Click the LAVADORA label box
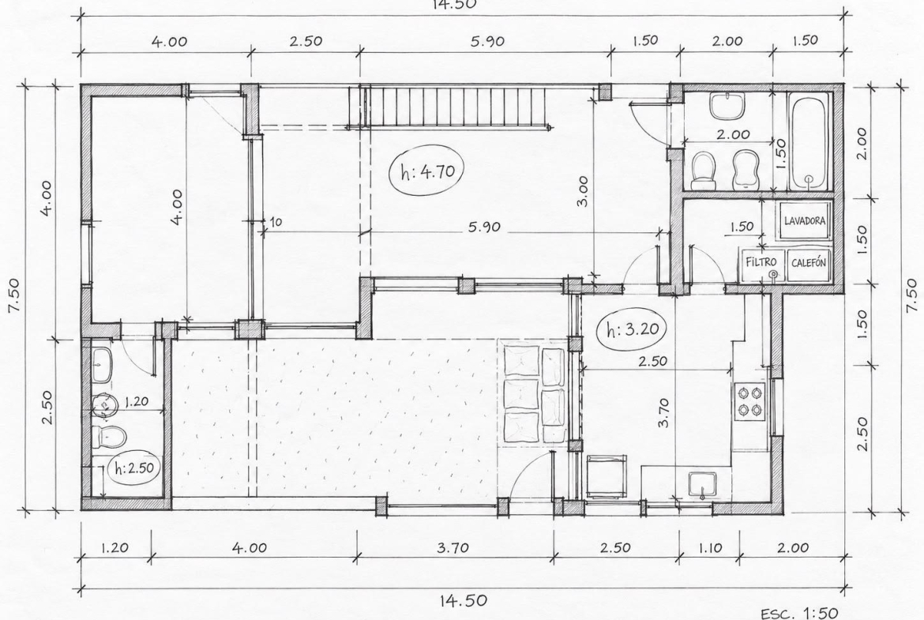tap(805, 221)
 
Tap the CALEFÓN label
tap(808, 263)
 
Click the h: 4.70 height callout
tap(426, 171)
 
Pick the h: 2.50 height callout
tap(134, 468)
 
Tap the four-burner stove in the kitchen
tap(749, 401)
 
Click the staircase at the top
tap(454, 107)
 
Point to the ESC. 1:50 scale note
tap(799, 613)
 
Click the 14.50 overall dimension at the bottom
tap(464, 600)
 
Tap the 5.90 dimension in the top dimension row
tap(487, 40)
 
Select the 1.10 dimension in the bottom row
tap(710, 547)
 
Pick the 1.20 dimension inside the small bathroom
tap(136, 402)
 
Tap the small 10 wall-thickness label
tap(275, 222)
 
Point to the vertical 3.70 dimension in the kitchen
tap(663, 412)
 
